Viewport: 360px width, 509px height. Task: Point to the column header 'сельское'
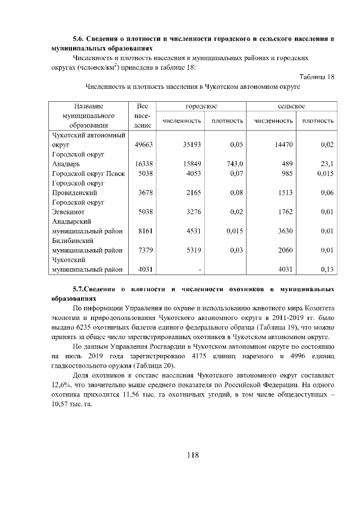tap(291, 106)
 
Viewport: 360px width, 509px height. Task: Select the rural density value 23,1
tap(326, 164)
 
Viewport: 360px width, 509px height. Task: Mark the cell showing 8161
tap(146, 231)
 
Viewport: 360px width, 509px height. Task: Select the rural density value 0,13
tap(326, 269)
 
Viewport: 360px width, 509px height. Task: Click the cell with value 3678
tap(146, 193)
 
